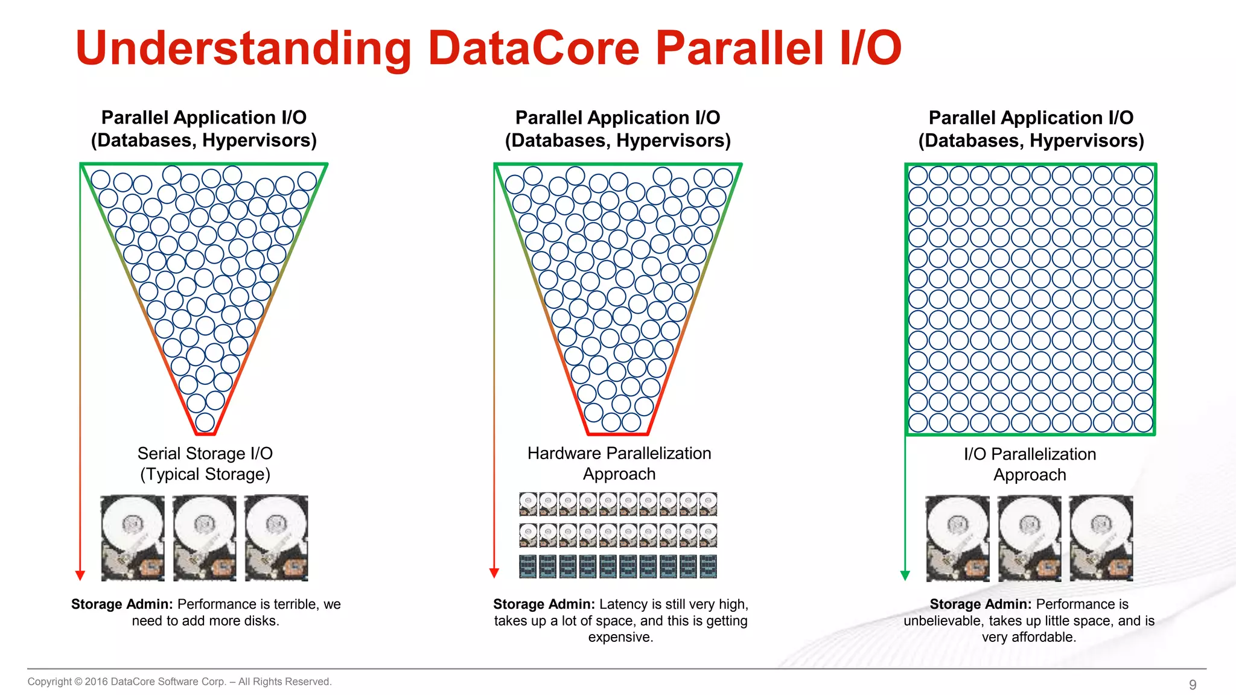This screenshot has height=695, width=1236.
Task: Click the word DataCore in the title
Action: (x=534, y=48)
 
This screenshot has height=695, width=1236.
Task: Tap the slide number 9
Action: (x=1193, y=685)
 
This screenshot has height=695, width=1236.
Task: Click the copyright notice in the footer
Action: (x=179, y=682)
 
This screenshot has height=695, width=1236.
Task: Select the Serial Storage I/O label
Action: (x=205, y=463)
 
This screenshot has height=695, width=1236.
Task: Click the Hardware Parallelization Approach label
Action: (x=619, y=463)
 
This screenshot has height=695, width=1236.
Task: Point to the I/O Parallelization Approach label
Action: (x=1030, y=464)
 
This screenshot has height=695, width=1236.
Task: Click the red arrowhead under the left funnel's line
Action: (x=80, y=575)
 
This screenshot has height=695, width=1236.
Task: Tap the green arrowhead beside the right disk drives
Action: (x=905, y=575)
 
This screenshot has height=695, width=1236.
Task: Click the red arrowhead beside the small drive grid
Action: (x=494, y=573)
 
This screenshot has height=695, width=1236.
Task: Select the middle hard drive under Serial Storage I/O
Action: (x=205, y=538)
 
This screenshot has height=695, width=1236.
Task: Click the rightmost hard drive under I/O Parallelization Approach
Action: (x=1101, y=538)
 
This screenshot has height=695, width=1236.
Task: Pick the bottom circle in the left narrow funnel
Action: (x=205, y=422)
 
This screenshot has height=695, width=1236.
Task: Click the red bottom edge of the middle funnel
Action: (x=617, y=434)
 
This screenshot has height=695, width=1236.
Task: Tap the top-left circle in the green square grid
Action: (x=918, y=176)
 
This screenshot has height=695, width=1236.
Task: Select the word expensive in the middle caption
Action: (x=620, y=637)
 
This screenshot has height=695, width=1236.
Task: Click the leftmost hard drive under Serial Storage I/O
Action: (x=133, y=538)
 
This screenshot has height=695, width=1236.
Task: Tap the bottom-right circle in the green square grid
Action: (x=1143, y=422)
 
